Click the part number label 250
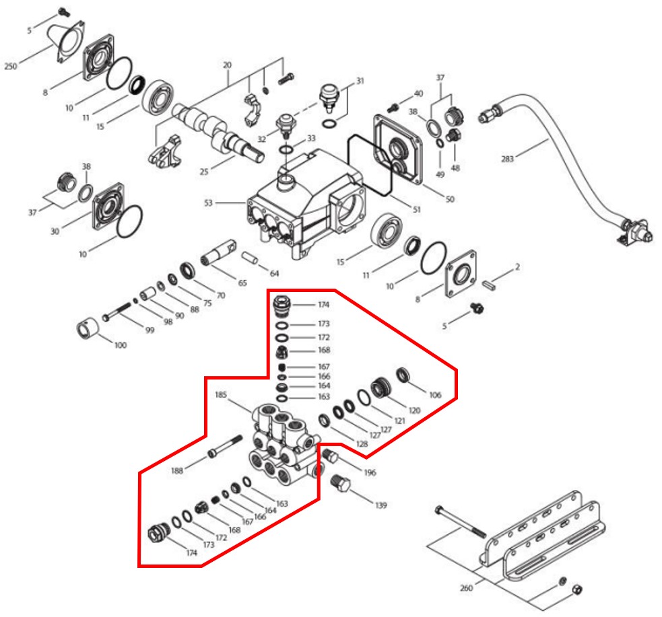click(11, 66)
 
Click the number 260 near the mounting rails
click(466, 587)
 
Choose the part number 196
click(370, 472)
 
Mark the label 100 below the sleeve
click(120, 345)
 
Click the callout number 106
click(434, 395)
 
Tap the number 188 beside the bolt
click(176, 471)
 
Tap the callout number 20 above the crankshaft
click(227, 65)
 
